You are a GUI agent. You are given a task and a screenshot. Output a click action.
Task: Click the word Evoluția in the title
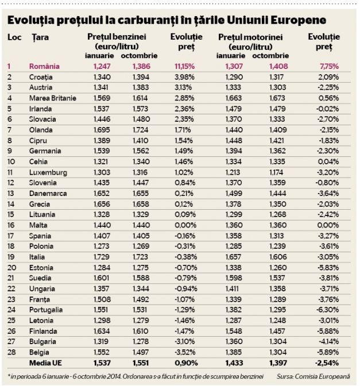point(30,20)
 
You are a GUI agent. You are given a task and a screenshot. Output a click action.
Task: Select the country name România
point(44,67)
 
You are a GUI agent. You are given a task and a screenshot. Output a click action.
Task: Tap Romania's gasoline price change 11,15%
point(184,67)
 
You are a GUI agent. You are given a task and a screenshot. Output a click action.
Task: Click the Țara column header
point(40,37)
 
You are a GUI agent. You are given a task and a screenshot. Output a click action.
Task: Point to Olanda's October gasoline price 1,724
point(140,130)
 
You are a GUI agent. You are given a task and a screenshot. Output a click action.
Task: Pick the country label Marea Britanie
point(53,98)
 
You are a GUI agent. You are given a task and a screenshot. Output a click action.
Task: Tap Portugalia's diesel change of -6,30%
point(327,310)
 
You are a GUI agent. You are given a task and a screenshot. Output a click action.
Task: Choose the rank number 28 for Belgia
point(11,352)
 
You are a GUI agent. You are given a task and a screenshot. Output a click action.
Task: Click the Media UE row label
point(45,363)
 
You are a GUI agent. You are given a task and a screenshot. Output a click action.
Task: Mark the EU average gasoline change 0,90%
point(186,363)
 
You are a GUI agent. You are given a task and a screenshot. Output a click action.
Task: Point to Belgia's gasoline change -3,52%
point(185,352)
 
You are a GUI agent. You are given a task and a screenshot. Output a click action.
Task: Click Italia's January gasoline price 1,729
point(101,257)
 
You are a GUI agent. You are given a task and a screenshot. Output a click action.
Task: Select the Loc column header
point(14,37)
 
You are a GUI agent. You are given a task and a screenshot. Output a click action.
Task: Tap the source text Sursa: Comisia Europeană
point(313,376)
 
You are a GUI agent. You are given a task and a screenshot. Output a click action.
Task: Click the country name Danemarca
point(48,194)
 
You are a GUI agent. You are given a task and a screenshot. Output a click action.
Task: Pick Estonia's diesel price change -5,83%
point(328,268)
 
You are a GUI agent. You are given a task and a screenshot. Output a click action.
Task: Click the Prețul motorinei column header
point(250,37)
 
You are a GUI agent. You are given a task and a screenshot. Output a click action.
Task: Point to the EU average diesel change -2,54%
point(327,363)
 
